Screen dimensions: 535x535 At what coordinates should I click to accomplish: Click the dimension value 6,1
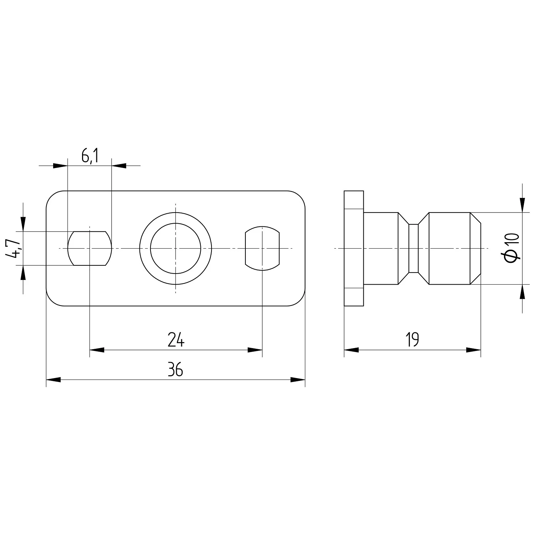tap(90, 156)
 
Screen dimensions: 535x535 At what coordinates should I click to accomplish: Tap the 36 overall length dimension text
tap(175, 370)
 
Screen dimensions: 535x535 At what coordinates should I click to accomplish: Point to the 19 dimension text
tap(412, 340)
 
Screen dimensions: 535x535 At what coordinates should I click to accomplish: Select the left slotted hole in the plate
tap(90, 248)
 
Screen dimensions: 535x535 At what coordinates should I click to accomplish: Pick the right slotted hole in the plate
tap(263, 248)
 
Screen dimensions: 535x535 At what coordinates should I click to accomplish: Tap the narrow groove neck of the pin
tap(413, 248)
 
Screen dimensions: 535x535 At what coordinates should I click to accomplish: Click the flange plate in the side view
tap(353, 248)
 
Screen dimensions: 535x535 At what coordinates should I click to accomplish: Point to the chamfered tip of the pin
tap(475, 248)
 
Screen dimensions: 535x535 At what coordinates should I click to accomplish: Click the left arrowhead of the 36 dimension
tap(53, 380)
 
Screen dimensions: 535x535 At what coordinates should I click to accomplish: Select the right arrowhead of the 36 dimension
tap(298, 380)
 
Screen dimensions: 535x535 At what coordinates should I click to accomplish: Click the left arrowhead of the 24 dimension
tap(97, 350)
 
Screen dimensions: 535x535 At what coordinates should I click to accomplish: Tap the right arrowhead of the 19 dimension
tap(474, 350)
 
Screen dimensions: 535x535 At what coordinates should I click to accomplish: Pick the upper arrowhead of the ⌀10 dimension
tap(523, 205)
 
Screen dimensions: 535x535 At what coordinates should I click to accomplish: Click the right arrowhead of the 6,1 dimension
tap(119, 166)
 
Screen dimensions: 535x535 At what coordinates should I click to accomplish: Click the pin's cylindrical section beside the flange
tap(381, 248)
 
